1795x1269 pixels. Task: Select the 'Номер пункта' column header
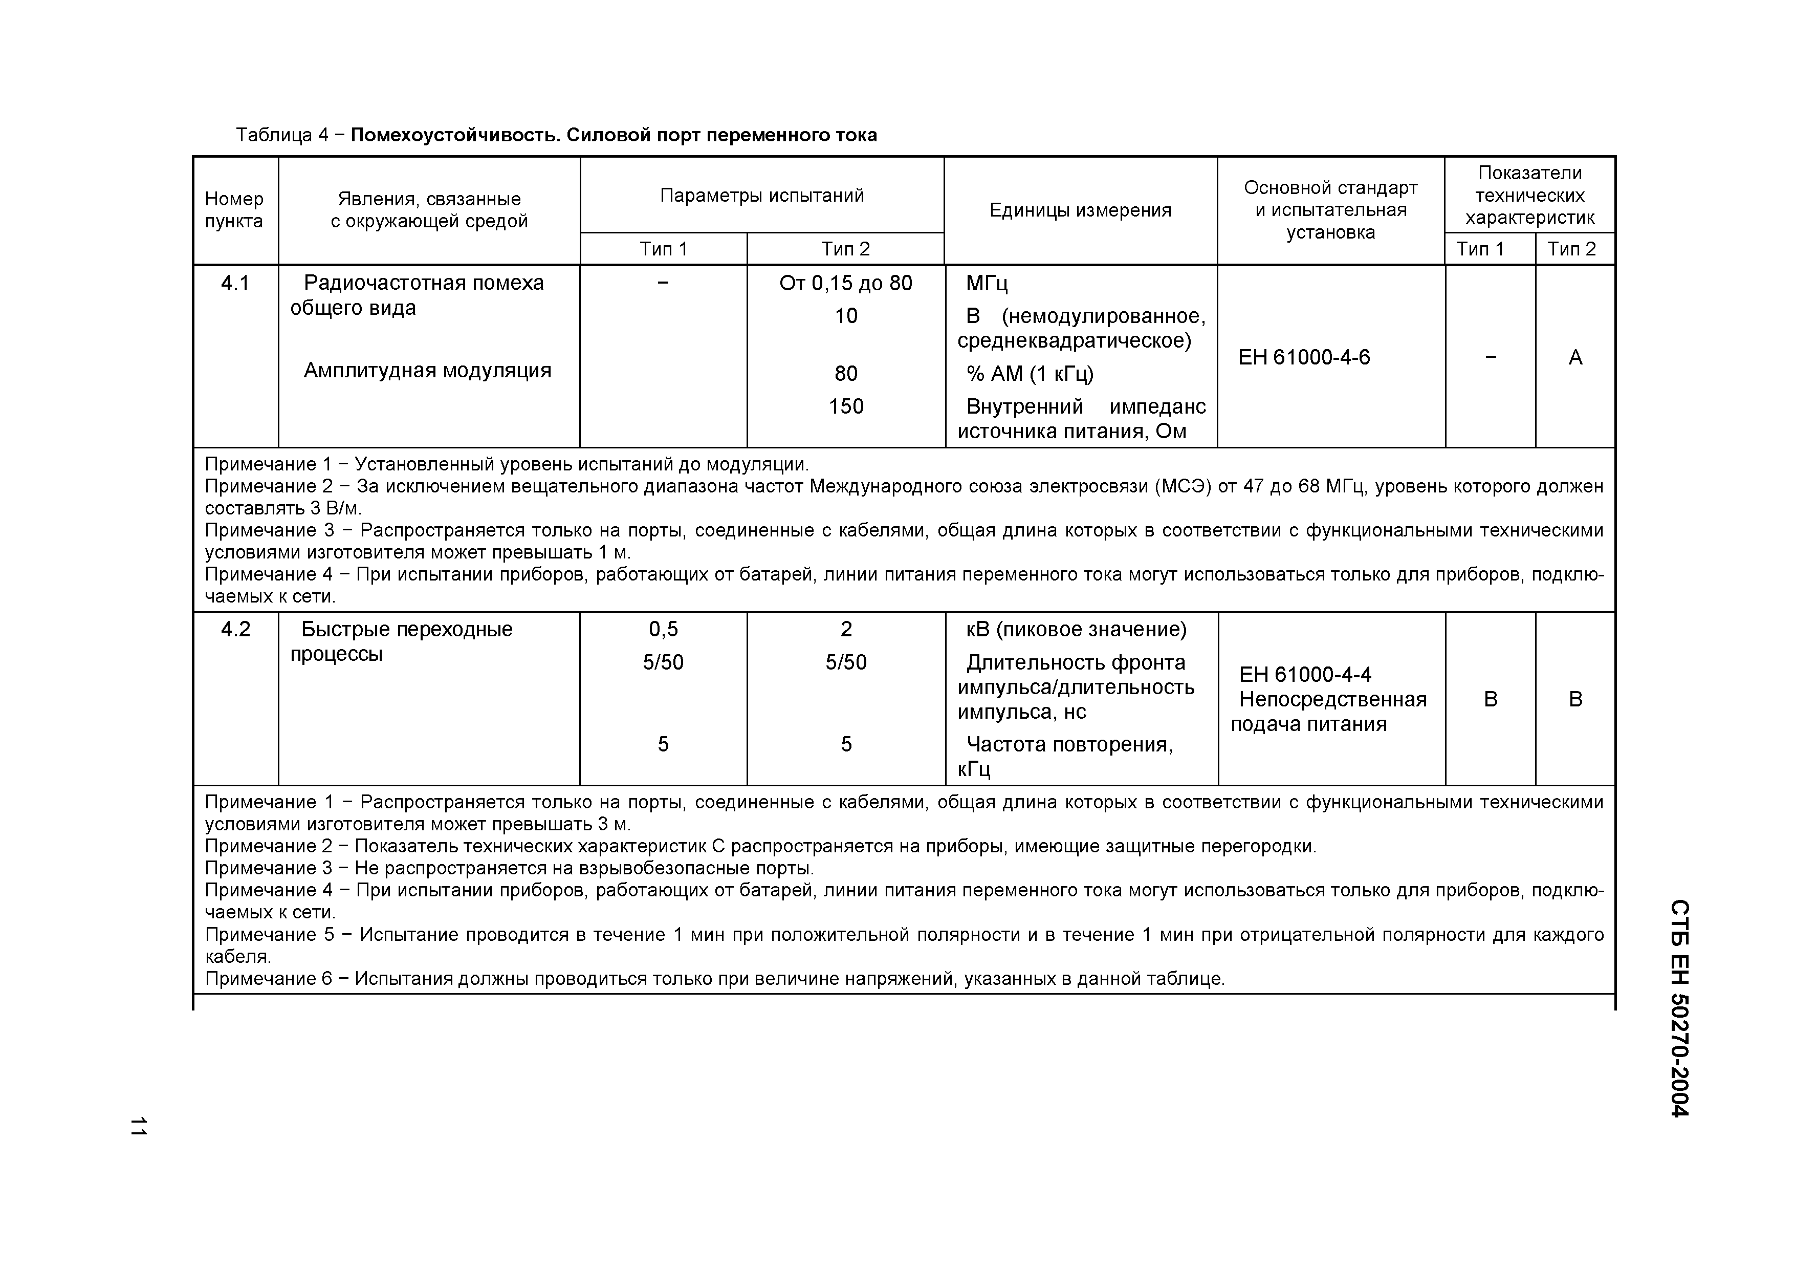coord(234,210)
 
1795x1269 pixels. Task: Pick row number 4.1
coord(234,283)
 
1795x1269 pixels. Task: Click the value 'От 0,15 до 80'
coord(845,283)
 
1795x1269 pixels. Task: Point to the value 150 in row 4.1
coord(845,406)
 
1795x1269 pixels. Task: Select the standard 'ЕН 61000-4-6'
coord(1303,357)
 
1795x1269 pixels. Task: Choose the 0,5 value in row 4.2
coord(663,630)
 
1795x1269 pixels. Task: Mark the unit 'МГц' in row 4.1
coord(987,283)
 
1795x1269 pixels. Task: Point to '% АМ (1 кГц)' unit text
coord(1030,374)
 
